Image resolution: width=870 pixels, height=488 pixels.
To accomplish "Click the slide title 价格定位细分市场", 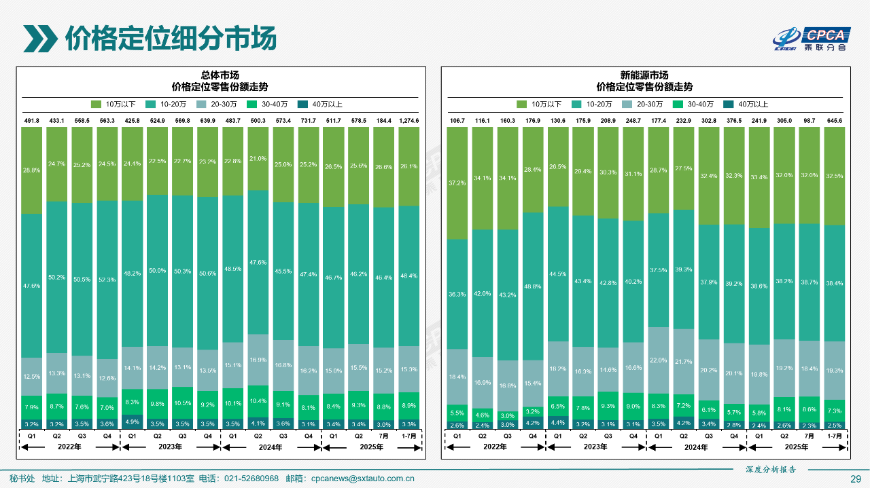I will click(x=170, y=38).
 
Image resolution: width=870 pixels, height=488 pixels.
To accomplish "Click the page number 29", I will click(x=856, y=478).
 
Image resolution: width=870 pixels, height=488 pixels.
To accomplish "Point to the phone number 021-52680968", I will click(x=251, y=478).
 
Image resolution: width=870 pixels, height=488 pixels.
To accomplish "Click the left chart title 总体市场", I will click(x=220, y=75).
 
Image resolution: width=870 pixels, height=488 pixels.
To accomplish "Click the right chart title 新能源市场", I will click(x=644, y=75).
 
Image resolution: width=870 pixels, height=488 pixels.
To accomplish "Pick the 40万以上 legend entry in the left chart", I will click(x=322, y=105).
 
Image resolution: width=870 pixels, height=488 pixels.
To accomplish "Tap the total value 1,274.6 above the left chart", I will click(x=409, y=121).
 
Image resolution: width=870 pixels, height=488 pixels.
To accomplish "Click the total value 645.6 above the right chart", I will click(x=833, y=121).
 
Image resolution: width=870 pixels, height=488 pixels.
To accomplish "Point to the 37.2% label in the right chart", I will click(x=457, y=183).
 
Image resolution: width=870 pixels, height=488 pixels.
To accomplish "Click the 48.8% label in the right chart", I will click(x=533, y=286).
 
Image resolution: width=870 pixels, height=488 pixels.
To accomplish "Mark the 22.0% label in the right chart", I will click(x=659, y=360).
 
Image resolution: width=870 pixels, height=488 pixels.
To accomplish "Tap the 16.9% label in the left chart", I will click(x=258, y=360).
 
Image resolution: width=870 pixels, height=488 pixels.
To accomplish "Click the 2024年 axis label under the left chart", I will click(x=271, y=447).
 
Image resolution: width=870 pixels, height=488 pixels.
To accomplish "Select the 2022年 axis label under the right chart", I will click(x=495, y=447).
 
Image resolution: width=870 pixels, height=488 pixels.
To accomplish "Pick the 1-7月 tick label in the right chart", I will click(x=833, y=436).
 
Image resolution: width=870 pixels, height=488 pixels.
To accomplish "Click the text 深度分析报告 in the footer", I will click(x=771, y=469).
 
